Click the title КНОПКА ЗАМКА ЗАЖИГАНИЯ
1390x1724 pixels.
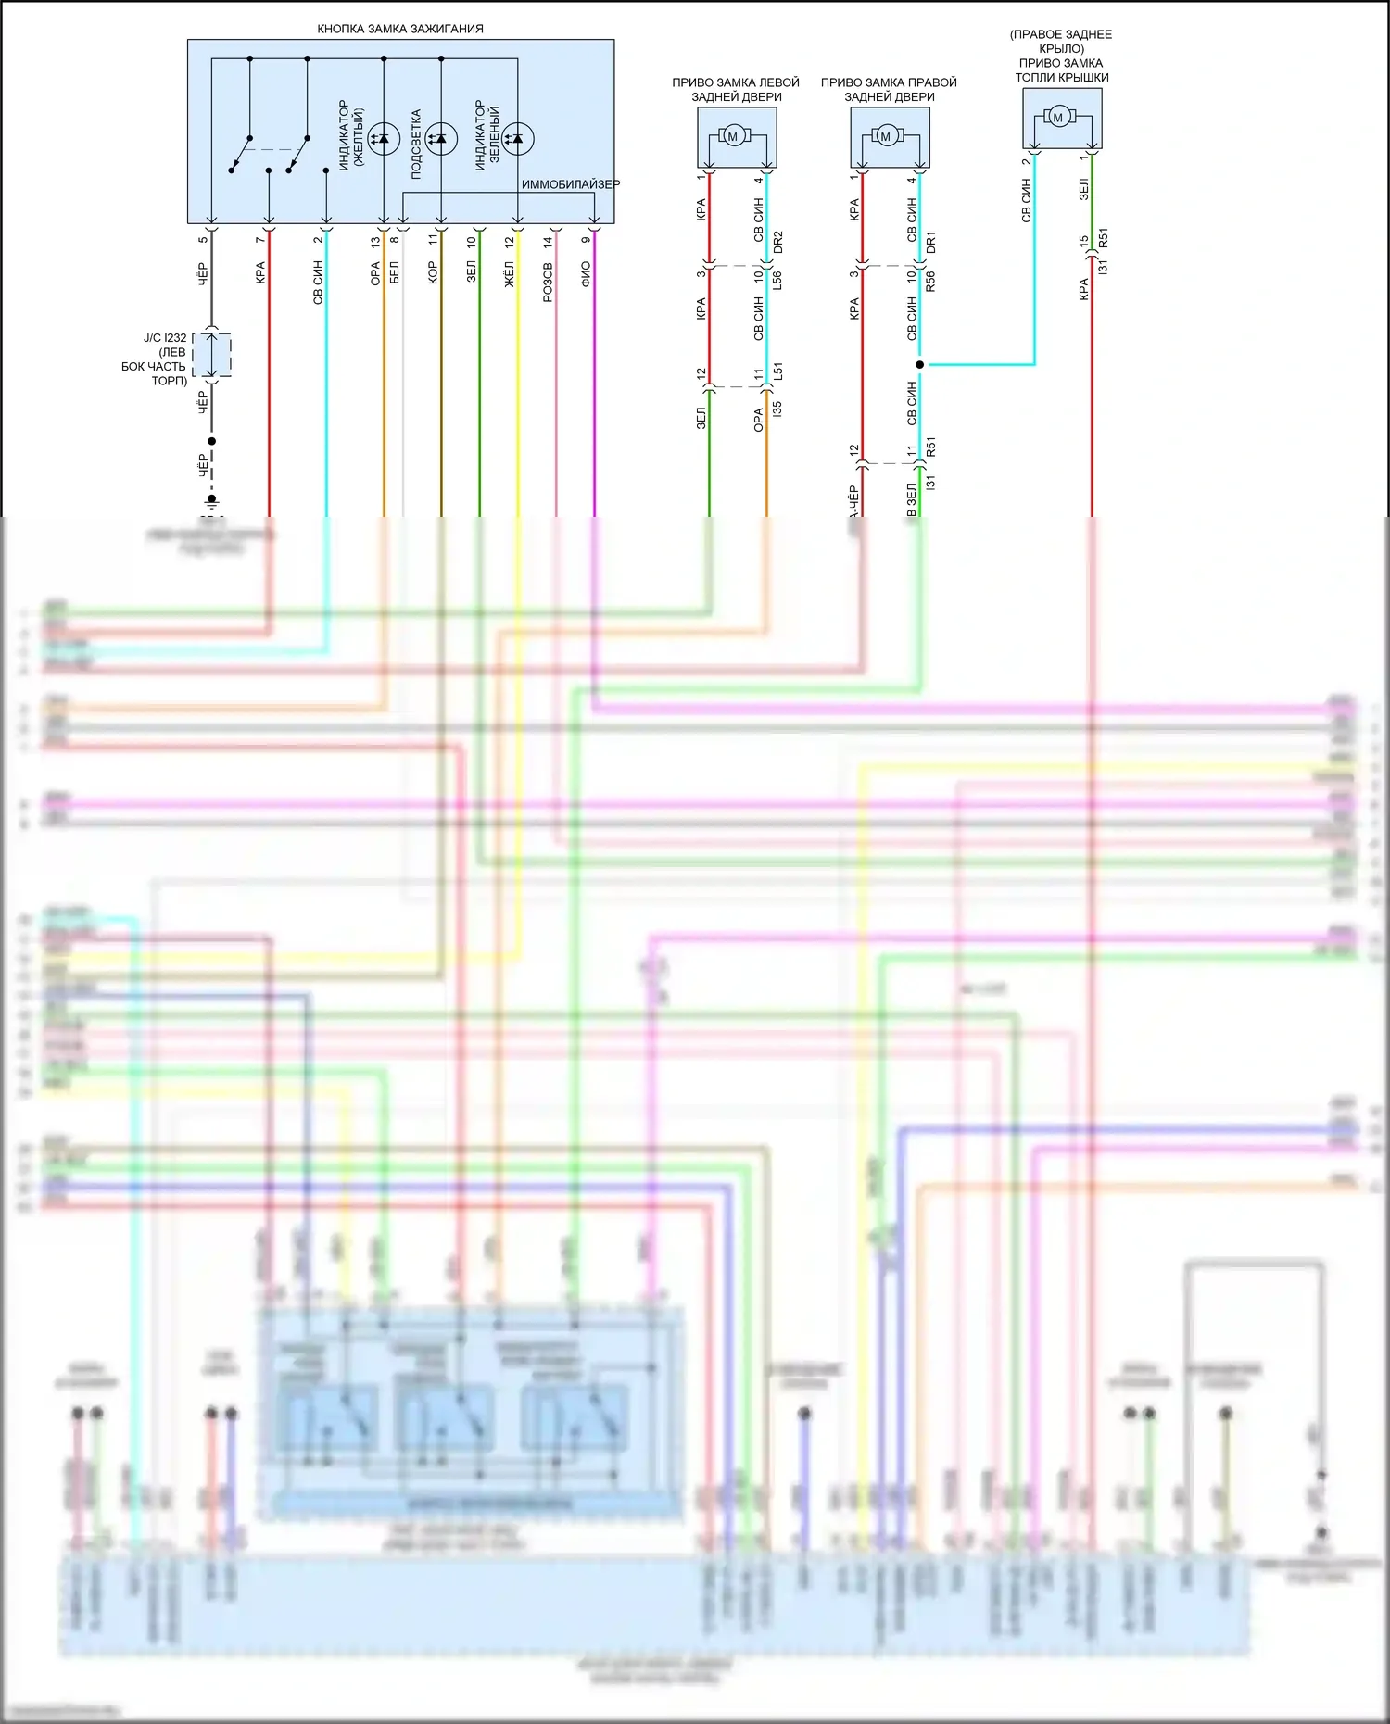(x=400, y=29)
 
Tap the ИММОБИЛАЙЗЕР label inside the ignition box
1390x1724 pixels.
(x=570, y=184)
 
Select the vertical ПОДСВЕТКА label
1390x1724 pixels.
(x=416, y=144)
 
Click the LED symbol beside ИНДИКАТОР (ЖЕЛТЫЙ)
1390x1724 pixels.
(x=384, y=139)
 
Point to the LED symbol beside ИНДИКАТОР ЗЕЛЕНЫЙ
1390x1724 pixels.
(x=518, y=139)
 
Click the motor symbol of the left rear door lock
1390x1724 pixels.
(x=732, y=137)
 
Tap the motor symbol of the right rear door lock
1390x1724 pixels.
(x=885, y=137)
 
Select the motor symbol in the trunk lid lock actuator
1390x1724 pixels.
(x=1058, y=118)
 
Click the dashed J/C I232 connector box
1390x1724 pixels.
(x=212, y=355)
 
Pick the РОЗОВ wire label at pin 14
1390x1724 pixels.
(x=548, y=282)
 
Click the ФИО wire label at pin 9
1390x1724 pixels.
(x=586, y=273)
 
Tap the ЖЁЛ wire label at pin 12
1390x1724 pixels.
(x=509, y=274)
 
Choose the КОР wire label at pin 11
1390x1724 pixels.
(x=433, y=273)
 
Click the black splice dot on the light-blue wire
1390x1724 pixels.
(x=919, y=364)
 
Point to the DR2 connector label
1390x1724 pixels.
(x=777, y=243)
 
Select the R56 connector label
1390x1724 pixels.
(x=930, y=281)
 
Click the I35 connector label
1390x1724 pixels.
(x=777, y=408)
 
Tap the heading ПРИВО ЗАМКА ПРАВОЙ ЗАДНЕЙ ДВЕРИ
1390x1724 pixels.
(x=889, y=89)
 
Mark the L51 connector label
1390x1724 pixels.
(x=777, y=371)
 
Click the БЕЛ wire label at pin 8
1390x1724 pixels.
(x=395, y=273)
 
